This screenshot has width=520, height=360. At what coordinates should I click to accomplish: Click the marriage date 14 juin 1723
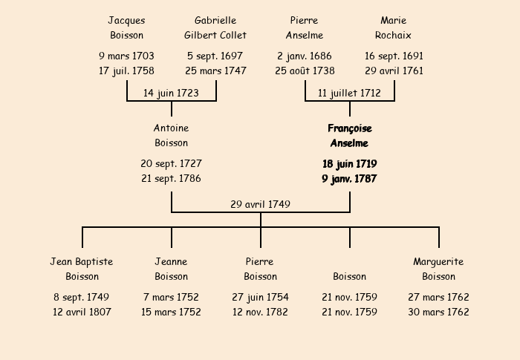(171, 93)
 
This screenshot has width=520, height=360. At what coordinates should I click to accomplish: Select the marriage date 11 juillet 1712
(349, 93)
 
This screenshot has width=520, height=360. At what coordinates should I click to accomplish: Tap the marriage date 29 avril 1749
(260, 204)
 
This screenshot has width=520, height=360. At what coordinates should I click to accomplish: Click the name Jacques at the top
(126, 21)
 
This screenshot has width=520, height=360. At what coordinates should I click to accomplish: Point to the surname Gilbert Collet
(215, 35)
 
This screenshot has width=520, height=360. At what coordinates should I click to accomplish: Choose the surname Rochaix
(393, 35)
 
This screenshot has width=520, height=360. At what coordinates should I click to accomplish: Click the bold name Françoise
(350, 128)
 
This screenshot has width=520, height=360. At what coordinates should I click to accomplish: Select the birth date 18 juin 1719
(350, 164)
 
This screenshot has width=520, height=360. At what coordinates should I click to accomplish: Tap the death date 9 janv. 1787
(349, 179)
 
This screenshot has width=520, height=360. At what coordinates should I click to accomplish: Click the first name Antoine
(171, 128)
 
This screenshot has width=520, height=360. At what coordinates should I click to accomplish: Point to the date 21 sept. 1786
(171, 179)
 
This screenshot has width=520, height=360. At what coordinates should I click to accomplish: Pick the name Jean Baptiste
(82, 262)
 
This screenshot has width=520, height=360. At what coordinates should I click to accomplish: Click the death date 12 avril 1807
(82, 312)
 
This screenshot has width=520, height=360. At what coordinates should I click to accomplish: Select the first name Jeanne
(171, 262)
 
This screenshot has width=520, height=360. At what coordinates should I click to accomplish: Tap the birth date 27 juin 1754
(260, 297)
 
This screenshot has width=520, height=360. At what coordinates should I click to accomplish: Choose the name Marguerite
(438, 262)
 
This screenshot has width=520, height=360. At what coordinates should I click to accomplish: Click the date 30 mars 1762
(438, 312)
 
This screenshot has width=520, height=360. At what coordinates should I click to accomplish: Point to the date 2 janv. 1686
(305, 56)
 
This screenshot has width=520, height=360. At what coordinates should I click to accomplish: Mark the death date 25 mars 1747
(215, 71)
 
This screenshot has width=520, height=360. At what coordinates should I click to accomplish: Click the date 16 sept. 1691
(394, 56)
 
